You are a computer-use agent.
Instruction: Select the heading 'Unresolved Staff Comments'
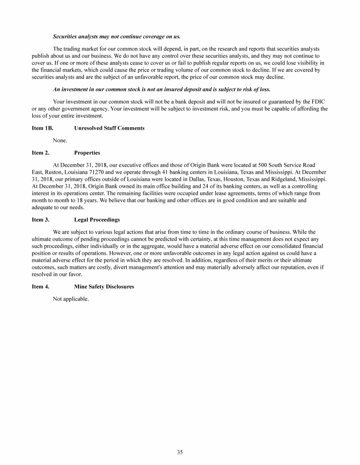click(109, 128)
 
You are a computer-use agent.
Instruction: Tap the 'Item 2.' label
click(40, 153)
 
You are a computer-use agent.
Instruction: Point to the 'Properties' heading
click(87, 153)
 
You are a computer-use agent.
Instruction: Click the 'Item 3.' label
click(40, 219)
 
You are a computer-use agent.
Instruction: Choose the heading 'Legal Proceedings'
click(97, 219)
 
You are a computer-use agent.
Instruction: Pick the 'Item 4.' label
click(40, 287)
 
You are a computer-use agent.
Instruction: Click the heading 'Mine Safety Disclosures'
click(104, 287)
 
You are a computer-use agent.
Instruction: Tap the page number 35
click(180, 452)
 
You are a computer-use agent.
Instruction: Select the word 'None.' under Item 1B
click(60, 140)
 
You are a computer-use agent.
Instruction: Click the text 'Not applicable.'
click(71, 299)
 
